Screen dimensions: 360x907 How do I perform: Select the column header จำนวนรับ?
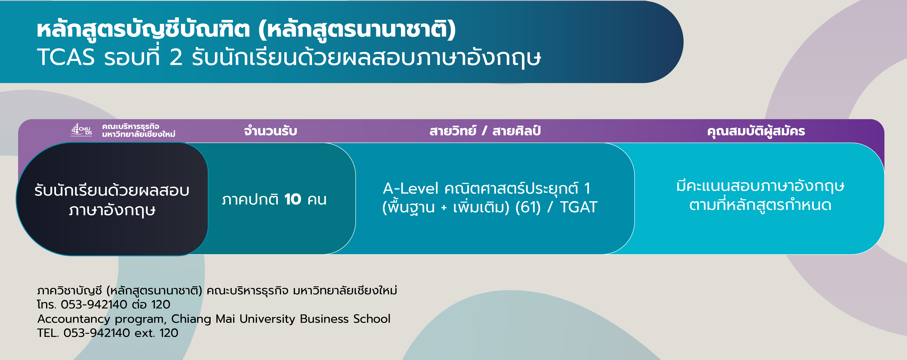tap(270, 131)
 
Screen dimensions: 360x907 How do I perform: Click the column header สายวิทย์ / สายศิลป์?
tap(485, 131)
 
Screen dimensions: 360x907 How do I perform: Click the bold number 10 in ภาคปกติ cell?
tap(293, 199)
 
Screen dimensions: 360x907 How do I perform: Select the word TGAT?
tap(578, 207)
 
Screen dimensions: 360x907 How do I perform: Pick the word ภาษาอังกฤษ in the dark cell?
tap(112, 210)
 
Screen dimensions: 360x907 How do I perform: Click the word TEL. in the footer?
tap(48, 333)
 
